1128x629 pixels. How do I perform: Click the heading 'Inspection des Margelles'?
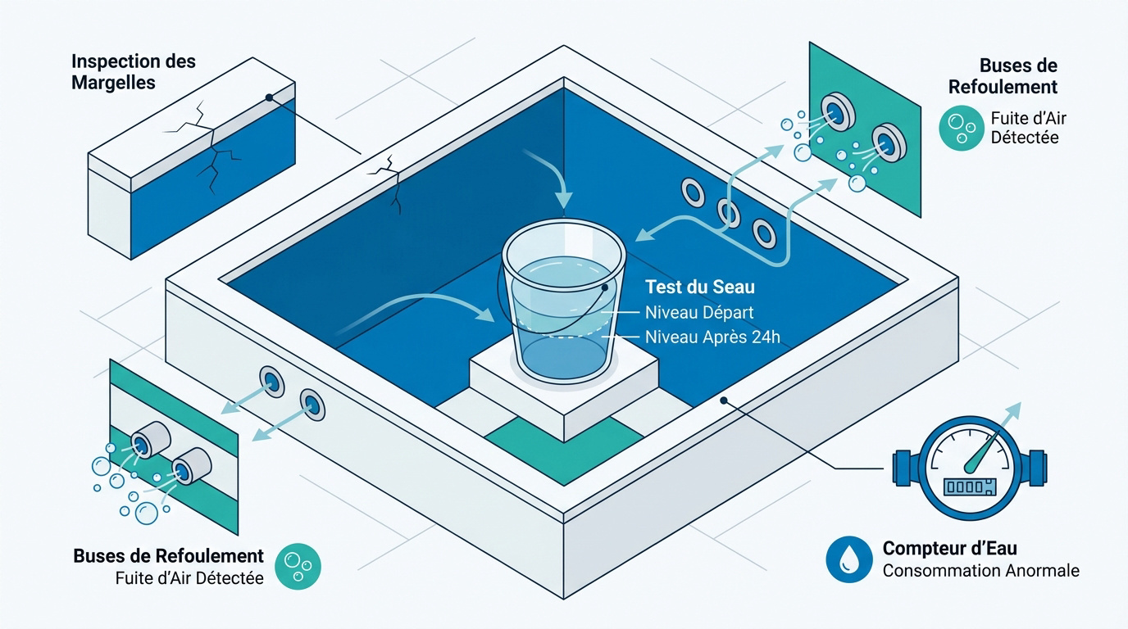coord(134,72)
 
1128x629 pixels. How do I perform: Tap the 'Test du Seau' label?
coord(700,287)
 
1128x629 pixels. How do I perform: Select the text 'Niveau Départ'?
coord(699,313)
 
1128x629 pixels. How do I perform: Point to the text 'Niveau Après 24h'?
coord(712,337)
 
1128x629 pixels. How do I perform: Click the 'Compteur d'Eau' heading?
coord(950,548)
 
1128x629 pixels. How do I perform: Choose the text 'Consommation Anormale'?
coord(981,571)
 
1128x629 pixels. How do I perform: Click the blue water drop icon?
coord(849,559)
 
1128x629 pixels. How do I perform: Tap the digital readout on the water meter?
coord(969,486)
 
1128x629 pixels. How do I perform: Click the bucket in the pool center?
coord(564,302)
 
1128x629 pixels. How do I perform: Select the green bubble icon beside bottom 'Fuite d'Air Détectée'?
coord(298,566)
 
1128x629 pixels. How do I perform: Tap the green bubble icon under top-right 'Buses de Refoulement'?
coord(962,128)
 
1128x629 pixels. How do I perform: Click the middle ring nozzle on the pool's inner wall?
coord(728,213)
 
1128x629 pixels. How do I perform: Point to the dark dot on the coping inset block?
coord(269,97)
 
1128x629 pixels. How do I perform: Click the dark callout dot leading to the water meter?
coord(724,400)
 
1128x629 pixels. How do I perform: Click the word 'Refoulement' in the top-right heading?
coord(1003,87)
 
